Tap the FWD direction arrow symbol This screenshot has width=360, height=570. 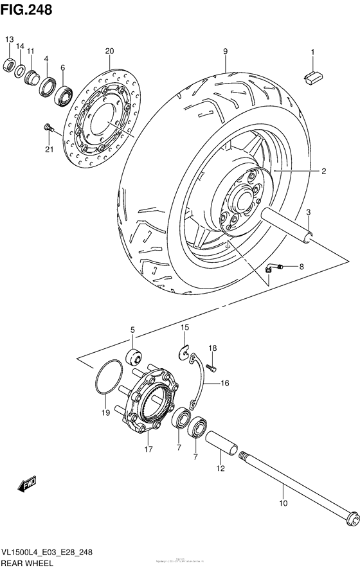click(28, 485)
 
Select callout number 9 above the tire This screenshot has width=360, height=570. click(226, 51)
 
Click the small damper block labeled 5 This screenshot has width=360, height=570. click(133, 357)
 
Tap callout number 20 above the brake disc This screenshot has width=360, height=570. click(109, 51)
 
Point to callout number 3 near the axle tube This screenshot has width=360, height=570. click(308, 212)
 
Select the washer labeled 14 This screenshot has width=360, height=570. click(21, 70)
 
